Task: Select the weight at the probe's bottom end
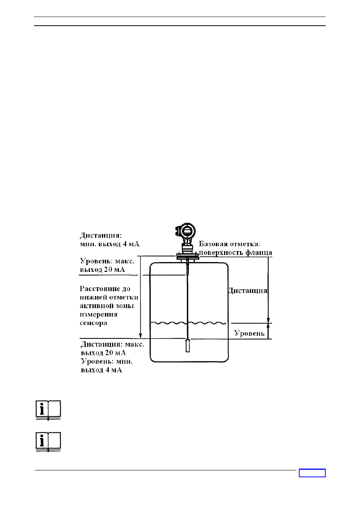click(x=188, y=346)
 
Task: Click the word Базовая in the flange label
click(x=214, y=244)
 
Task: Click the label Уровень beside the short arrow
click(x=249, y=333)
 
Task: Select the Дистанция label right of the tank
click(x=248, y=291)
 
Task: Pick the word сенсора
click(x=93, y=323)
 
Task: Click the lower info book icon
click(x=48, y=442)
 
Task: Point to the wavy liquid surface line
click(x=189, y=323)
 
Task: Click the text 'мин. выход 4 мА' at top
click(x=110, y=244)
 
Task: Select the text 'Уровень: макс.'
click(x=107, y=261)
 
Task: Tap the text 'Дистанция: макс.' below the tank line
click(x=112, y=344)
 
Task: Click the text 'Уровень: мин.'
click(x=106, y=361)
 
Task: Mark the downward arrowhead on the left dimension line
click(x=141, y=335)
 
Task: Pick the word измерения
click(x=98, y=315)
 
